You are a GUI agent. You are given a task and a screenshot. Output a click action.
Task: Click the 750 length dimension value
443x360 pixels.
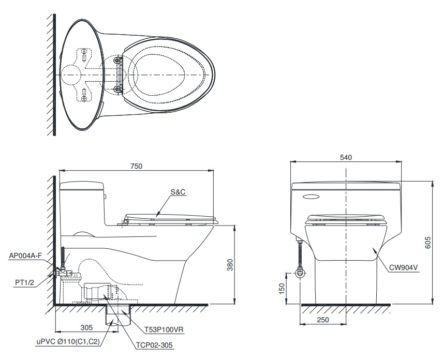coord(137,166)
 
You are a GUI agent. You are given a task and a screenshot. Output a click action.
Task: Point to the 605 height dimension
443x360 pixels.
coord(427,243)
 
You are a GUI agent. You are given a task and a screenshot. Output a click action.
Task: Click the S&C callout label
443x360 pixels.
coord(178,192)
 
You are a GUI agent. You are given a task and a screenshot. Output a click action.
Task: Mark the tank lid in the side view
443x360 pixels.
coord(82,184)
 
